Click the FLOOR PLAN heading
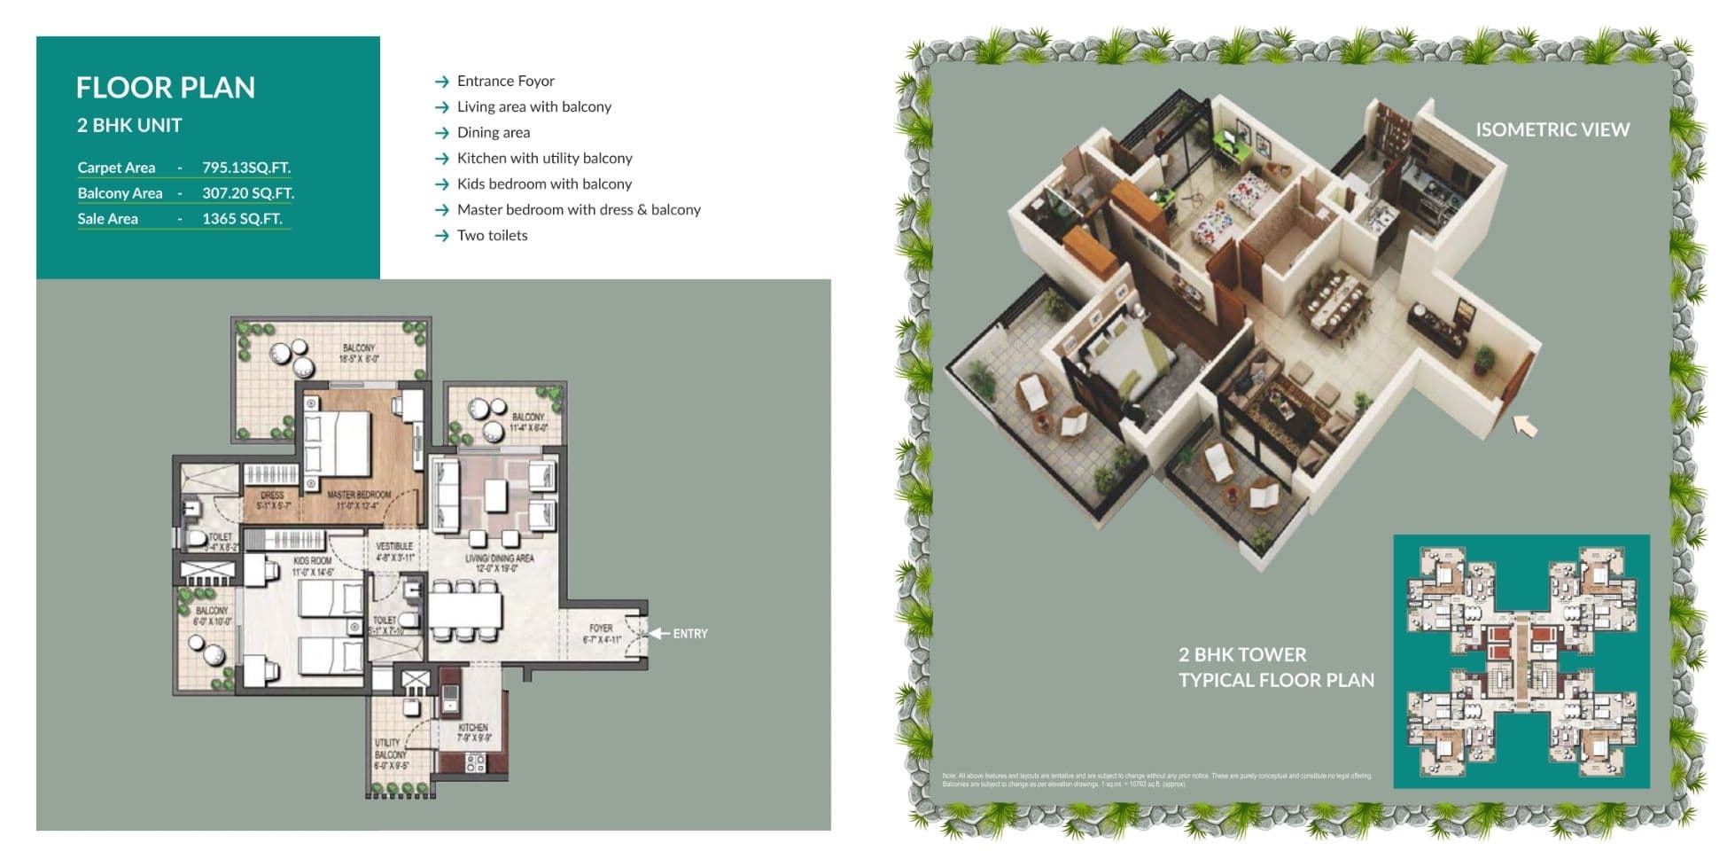point(166,88)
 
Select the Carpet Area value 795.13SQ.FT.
point(245,168)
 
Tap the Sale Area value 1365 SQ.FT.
point(242,219)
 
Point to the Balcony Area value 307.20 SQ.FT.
point(247,193)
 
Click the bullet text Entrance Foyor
point(505,81)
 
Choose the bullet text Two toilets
point(492,235)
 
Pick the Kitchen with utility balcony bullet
point(544,158)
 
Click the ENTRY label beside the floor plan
point(689,634)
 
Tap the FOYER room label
point(601,628)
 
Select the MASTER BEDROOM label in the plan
point(358,495)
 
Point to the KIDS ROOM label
point(312,561)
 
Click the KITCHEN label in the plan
point(472,728)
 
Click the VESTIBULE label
point(394,546)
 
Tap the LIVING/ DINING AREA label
point(500,558)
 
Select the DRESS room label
point(272,496)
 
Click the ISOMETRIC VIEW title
point(1552,129)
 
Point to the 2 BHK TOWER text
point(1241,655)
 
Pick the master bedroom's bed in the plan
point(337,443)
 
